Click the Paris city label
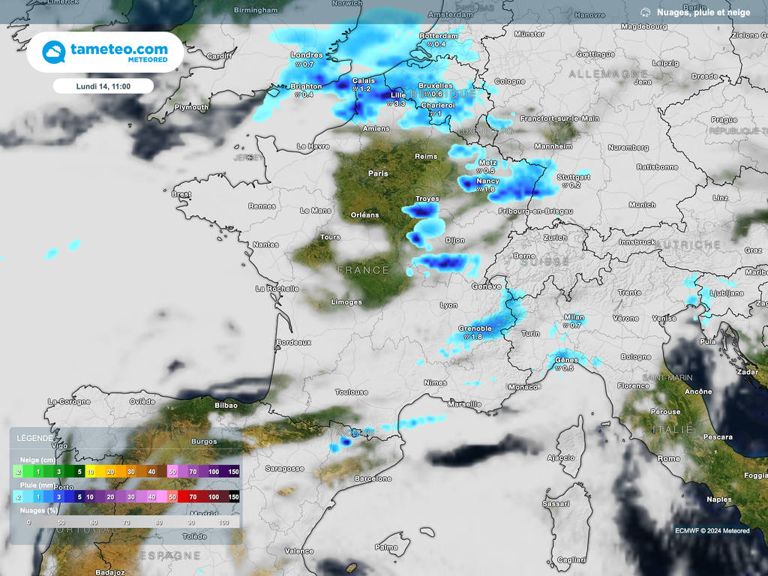pos(378,173)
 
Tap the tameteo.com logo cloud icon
pos(53,52)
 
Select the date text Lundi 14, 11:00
pos(103,86)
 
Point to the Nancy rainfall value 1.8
pos(488,189)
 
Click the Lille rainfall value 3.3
pos(399,103)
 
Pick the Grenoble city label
pos(475,328)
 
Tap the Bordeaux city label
pos(293,342)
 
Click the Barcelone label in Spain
pos(373,478)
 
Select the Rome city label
pos(668,458)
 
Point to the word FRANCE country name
pos(363,270)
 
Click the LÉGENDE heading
pos(34,438)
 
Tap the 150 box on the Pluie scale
pos(233,497)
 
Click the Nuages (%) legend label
pos(37,509)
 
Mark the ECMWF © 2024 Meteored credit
pos(712,531)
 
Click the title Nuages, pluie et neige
pos(703,13)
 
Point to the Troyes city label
pos(427,199)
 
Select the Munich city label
pos(642,205)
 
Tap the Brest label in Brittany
pos(181,194)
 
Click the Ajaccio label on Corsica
pos(561,457)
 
